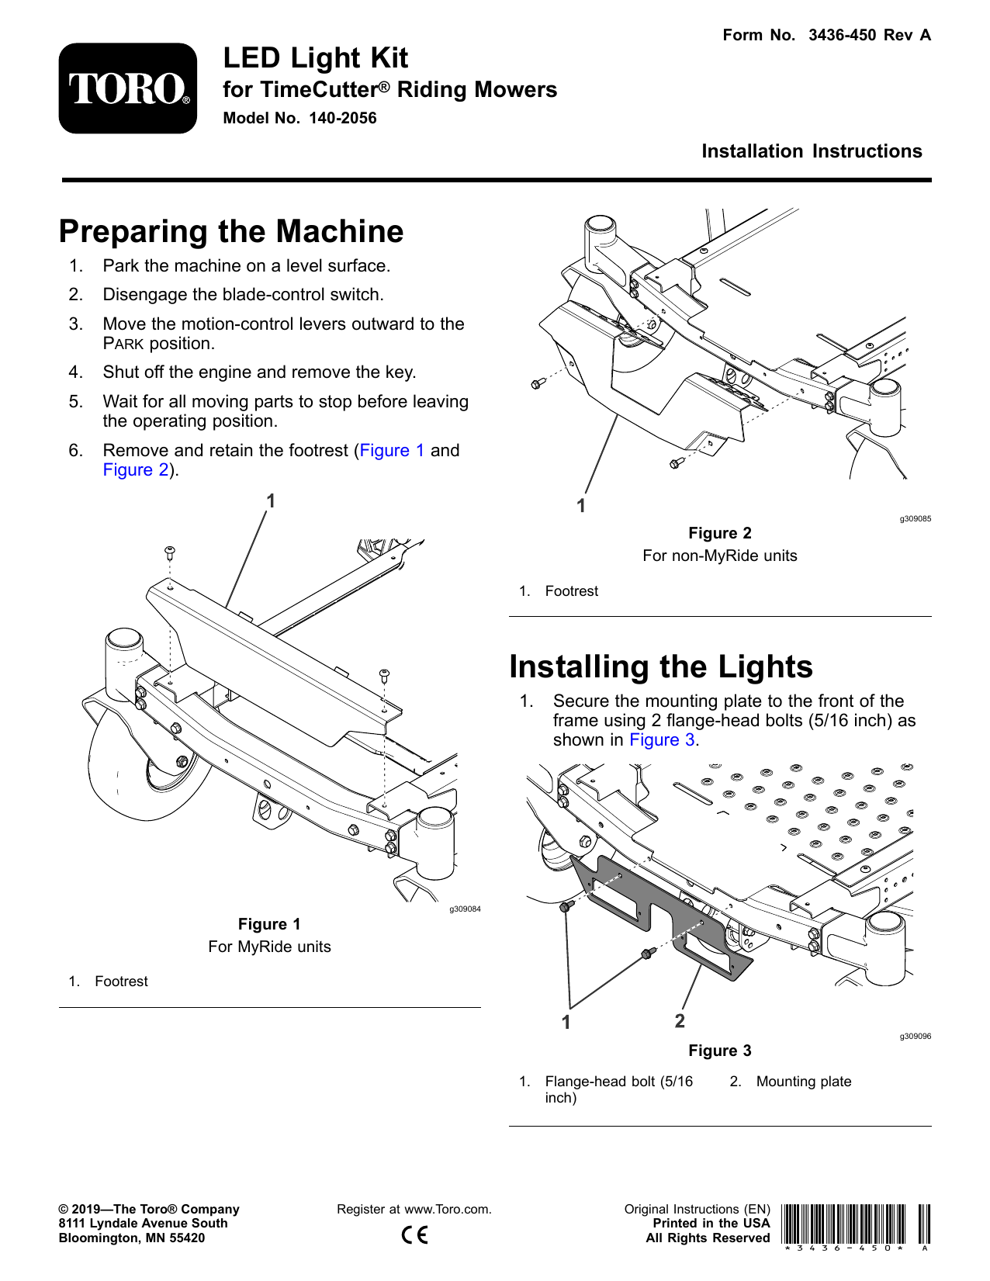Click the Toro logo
(x=128, y=88)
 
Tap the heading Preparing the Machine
(x=231, y=232)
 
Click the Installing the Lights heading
(x=660, y=667)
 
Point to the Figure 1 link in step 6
(x=392, y=451)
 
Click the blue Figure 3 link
(x=661, y=740)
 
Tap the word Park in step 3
(x=123, y=344)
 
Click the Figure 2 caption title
(x=719, y=533)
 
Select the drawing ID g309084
(x=465, y=909)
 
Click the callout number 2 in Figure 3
(x=680, y=1021)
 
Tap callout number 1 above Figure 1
(x=271, y=501)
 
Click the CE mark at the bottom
(x=414, y=1234)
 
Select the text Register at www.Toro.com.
(x=414, y=1210)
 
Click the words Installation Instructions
(x=812, y=151)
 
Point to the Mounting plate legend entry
(x=803, y=1082)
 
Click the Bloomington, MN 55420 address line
(x=132, y=1238)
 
